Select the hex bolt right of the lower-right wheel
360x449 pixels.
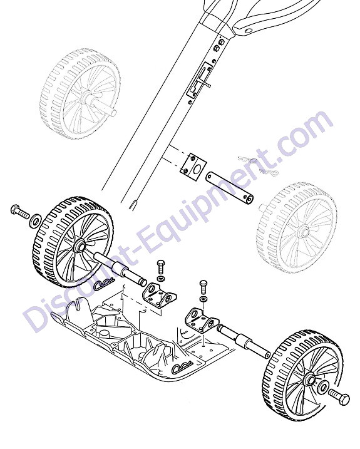[340, 396]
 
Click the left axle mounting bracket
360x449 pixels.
[159, 296]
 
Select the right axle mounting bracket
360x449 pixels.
[202, 320]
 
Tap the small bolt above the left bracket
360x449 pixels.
[161, 266]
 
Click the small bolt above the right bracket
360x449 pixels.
[203, 287]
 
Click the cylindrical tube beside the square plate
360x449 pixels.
[229, 188]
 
